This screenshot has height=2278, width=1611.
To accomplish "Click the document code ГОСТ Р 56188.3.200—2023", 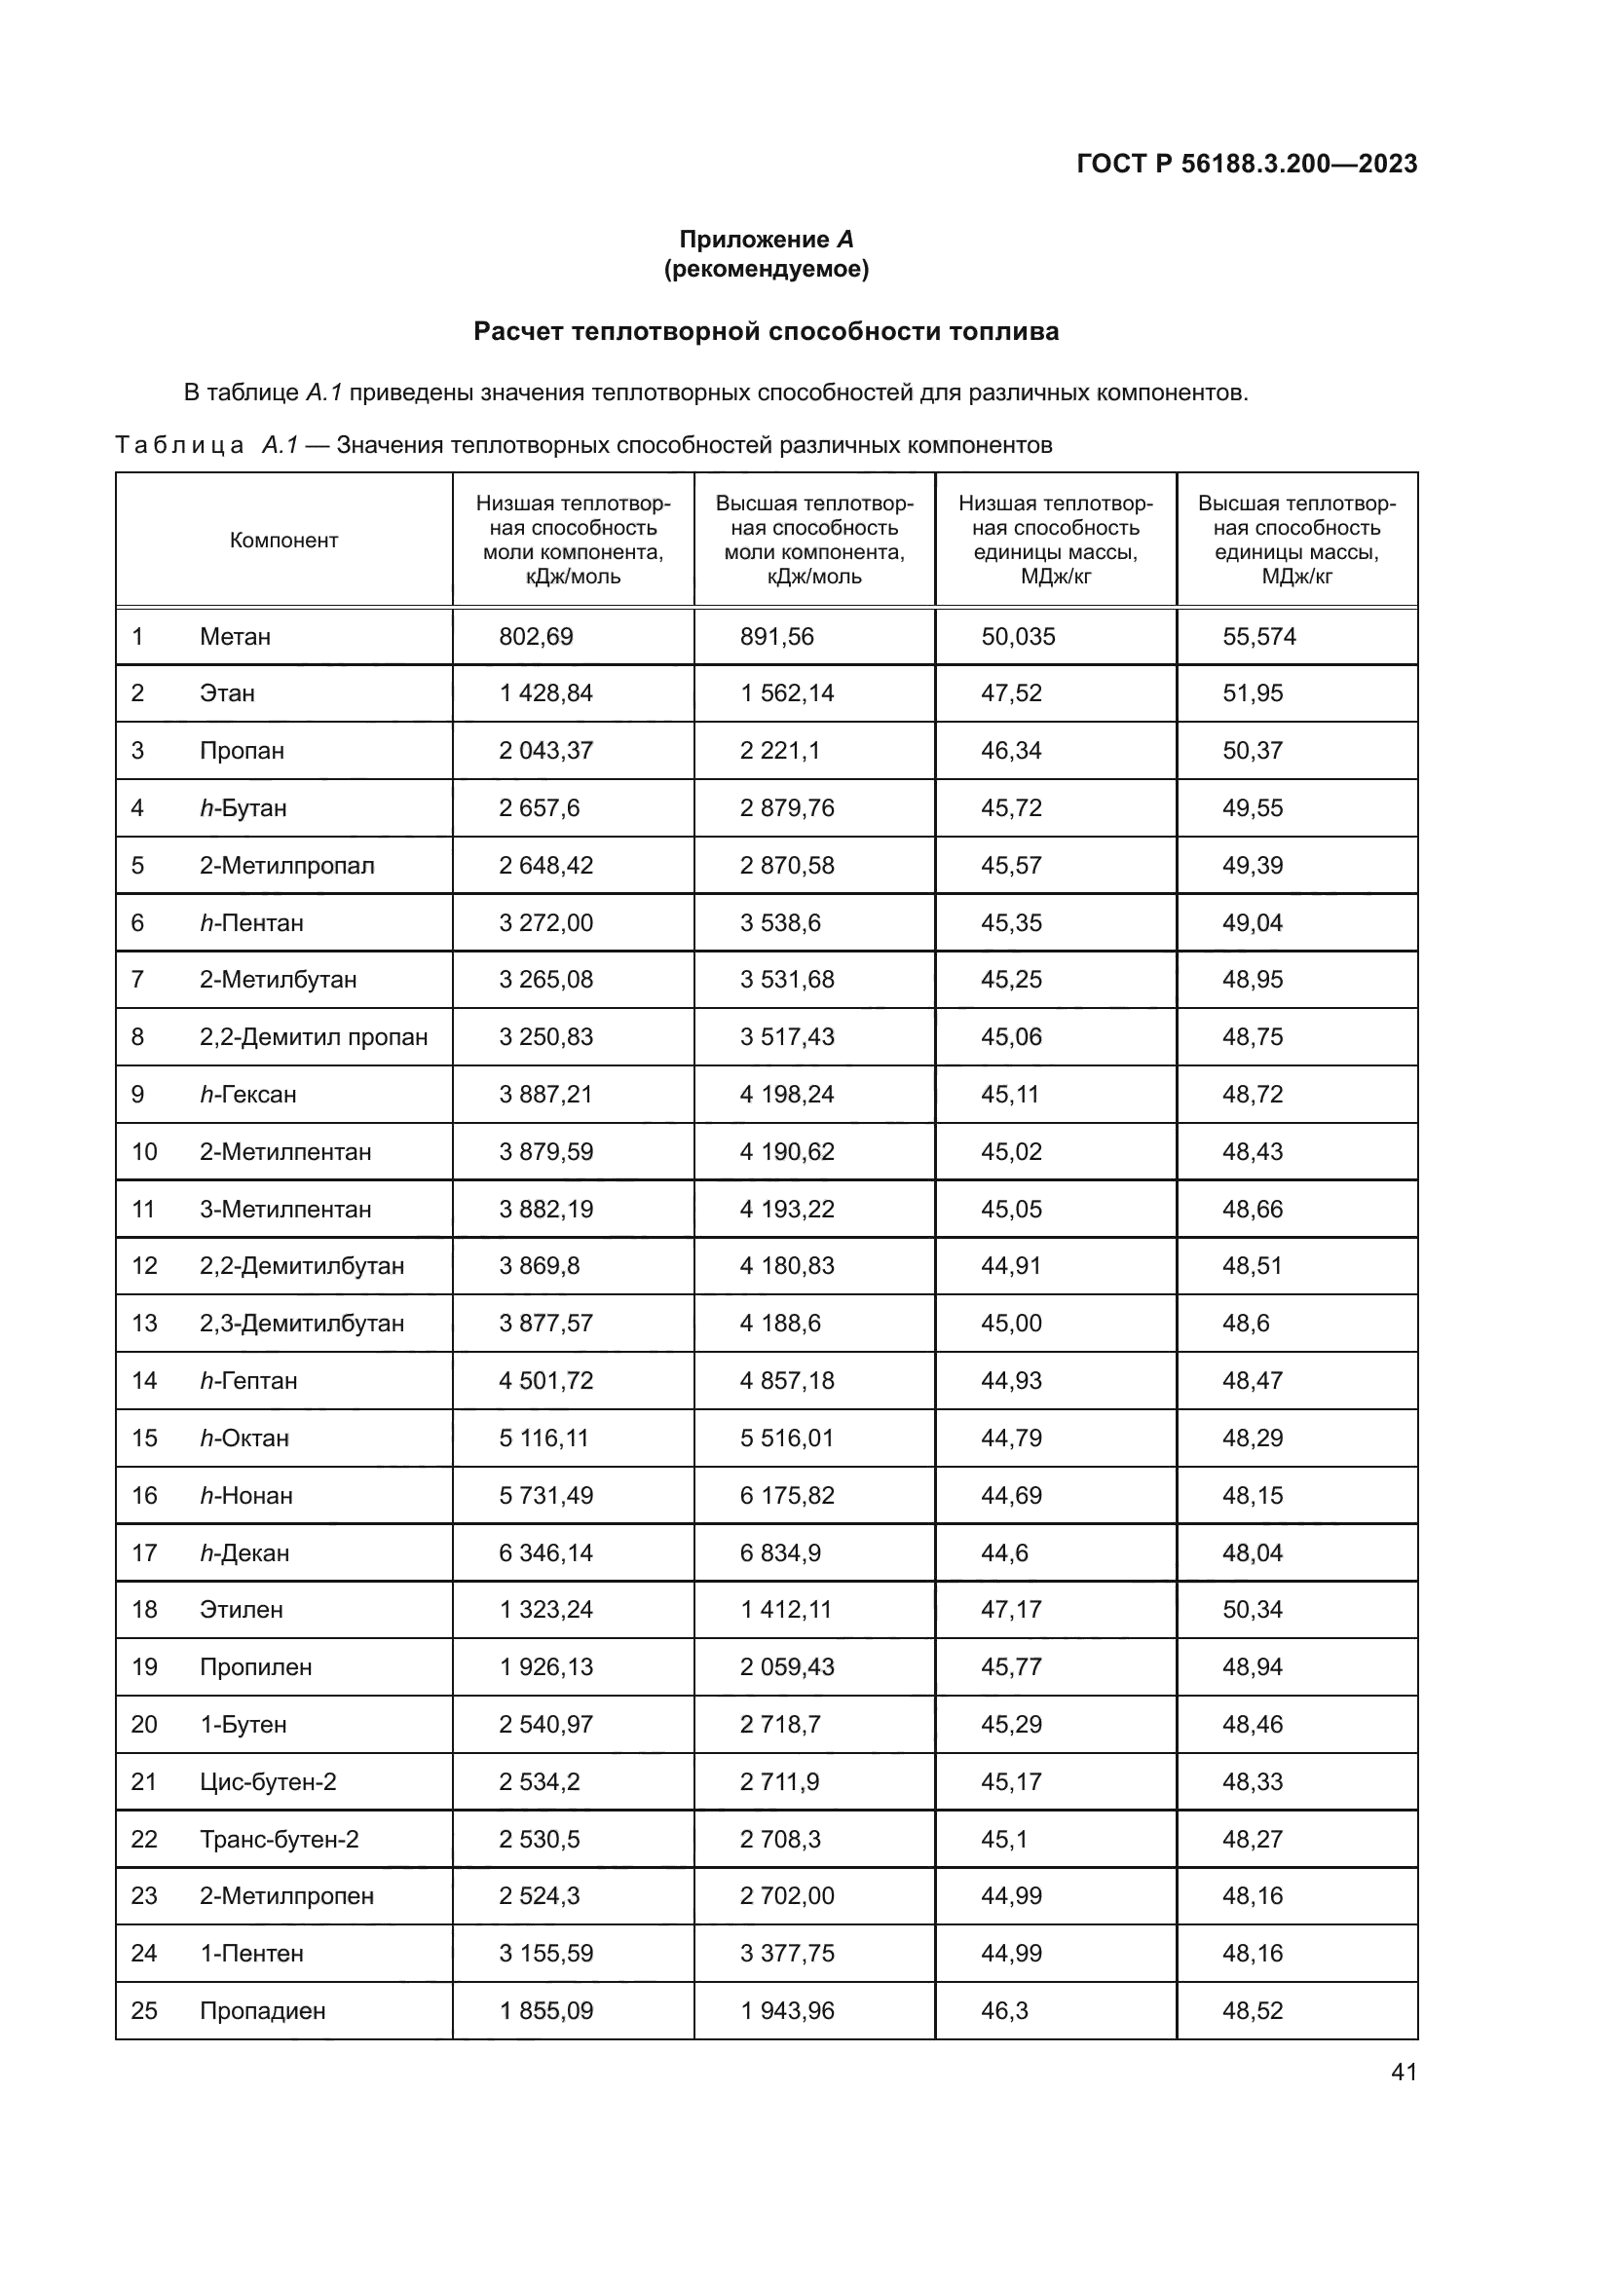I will (1246, 164).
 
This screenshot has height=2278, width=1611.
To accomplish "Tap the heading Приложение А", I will (766, 240).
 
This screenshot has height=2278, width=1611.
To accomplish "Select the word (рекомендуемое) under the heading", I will (766, 269).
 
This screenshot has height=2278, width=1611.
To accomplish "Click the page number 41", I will (1404, 2072).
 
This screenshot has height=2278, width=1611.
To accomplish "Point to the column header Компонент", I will (283, 540).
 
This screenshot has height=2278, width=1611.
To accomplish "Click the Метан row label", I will (235, 637).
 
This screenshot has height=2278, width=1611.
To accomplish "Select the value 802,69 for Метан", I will (536, 637).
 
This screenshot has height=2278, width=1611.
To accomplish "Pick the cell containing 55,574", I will (1258, 637).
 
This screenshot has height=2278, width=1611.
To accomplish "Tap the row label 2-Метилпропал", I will (286, 865).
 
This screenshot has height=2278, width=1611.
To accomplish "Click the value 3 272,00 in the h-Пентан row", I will (545, 922).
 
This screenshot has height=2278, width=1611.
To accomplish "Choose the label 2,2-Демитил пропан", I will (314, 1037).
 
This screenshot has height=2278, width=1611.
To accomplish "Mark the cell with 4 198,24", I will (787, 1095).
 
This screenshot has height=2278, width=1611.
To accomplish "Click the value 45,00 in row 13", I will (1011, 1324).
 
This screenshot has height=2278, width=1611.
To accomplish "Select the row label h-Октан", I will (244, 1438).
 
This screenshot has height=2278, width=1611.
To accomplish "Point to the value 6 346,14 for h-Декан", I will (545, 1552).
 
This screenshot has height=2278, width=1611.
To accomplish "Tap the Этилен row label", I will (241, 1609).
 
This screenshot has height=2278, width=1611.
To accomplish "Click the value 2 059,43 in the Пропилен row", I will (787, 1666).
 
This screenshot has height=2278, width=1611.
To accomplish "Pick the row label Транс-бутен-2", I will (279, 1840).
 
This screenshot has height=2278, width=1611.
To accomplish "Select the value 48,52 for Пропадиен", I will (1252, 2011).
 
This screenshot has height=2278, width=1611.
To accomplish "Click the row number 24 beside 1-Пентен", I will (144, 1954).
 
